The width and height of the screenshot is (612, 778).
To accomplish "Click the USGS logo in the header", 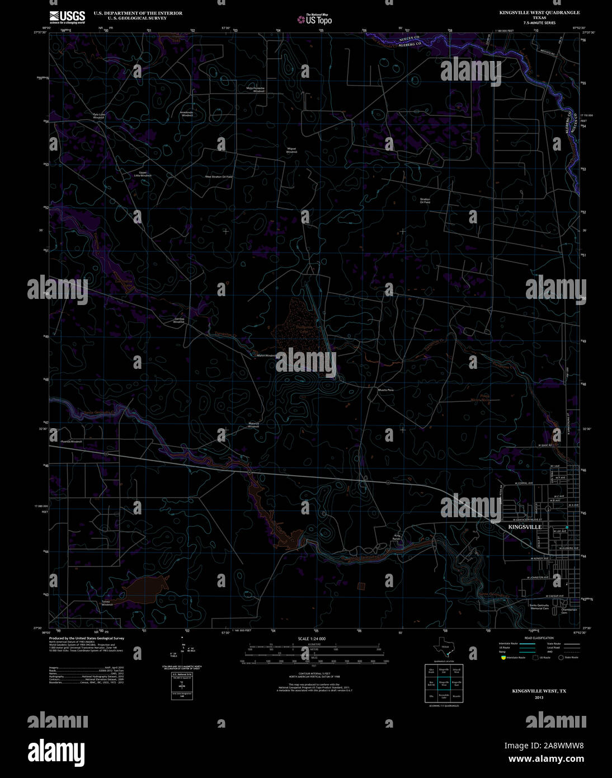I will (67, 16).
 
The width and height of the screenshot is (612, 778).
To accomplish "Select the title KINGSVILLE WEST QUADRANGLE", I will (539, 12).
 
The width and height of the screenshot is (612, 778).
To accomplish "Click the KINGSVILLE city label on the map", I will (524, 527).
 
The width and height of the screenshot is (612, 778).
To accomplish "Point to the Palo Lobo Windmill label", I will (99, 116).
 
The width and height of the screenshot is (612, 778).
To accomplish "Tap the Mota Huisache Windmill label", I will (256, 89).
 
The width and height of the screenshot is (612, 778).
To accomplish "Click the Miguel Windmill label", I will (291, 150).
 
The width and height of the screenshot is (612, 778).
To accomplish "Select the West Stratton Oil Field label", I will (218, 176).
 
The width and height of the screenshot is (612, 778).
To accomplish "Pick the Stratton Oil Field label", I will (425, 200).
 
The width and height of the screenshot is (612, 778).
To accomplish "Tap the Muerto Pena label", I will (386, 390).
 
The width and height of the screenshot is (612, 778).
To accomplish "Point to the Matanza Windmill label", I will (253, 425).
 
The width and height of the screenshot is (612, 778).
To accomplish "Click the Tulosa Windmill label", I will (107, 603).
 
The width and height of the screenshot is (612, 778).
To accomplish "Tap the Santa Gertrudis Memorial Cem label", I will (539, 607).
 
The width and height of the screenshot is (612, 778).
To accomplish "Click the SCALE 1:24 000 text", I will (312, 639).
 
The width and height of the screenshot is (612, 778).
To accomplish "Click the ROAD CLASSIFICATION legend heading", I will (539, 638).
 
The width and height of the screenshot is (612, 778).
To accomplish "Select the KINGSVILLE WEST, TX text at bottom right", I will (539, 691).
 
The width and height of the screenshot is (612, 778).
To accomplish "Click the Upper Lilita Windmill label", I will (143, 174).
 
